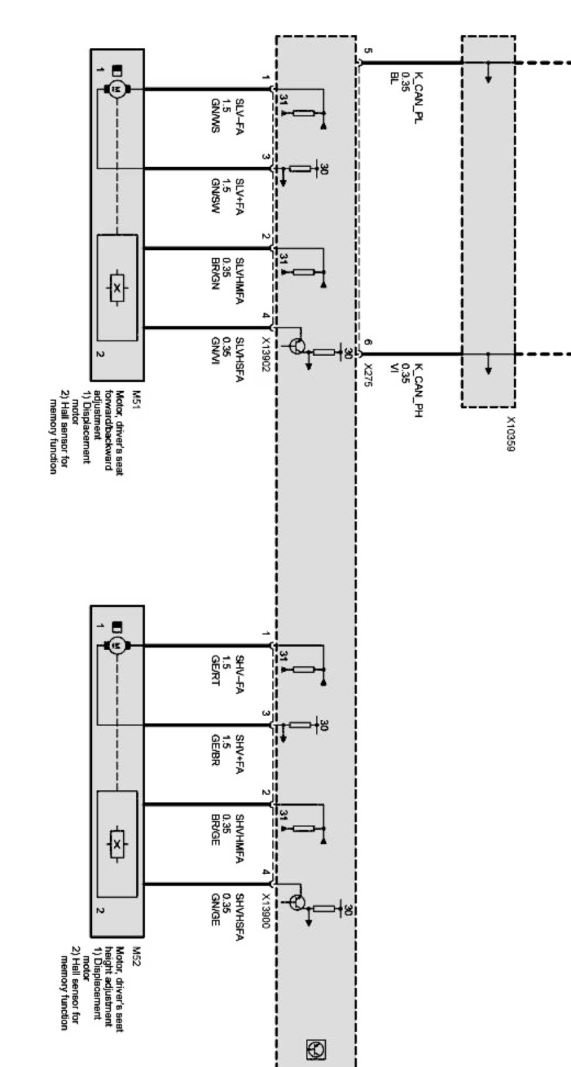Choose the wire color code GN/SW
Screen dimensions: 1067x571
click(x=215, y=195)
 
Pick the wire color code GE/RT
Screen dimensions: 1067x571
click(x=215, y=671)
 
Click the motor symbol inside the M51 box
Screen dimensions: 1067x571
click(x=115, y=89)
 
